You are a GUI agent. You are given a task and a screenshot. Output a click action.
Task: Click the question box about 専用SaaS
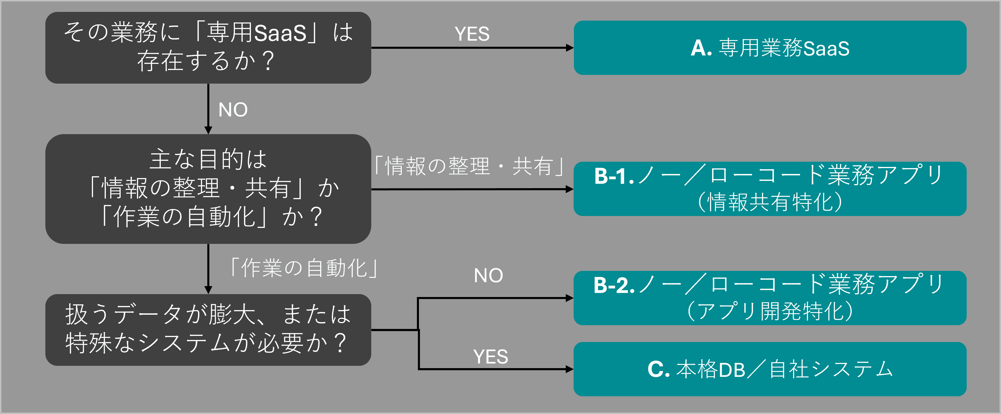click(208, 47)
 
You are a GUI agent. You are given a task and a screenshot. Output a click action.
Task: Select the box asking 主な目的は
click(208, 189)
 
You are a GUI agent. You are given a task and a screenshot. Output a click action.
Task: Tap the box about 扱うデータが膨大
click(208, 330)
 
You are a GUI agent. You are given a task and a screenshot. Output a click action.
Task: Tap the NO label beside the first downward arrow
click(233, 110)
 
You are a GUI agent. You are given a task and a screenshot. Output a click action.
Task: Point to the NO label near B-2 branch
click(488, 276)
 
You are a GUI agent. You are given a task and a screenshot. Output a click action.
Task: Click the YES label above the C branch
click(490, 357)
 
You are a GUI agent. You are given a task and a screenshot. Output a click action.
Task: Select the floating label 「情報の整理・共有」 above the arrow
click(469, 166)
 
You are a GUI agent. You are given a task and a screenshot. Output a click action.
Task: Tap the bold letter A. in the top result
click(701, 48)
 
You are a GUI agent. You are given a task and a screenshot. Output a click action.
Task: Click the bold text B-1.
click(613, 176)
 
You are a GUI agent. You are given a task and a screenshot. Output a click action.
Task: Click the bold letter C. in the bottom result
click(658, 369)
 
